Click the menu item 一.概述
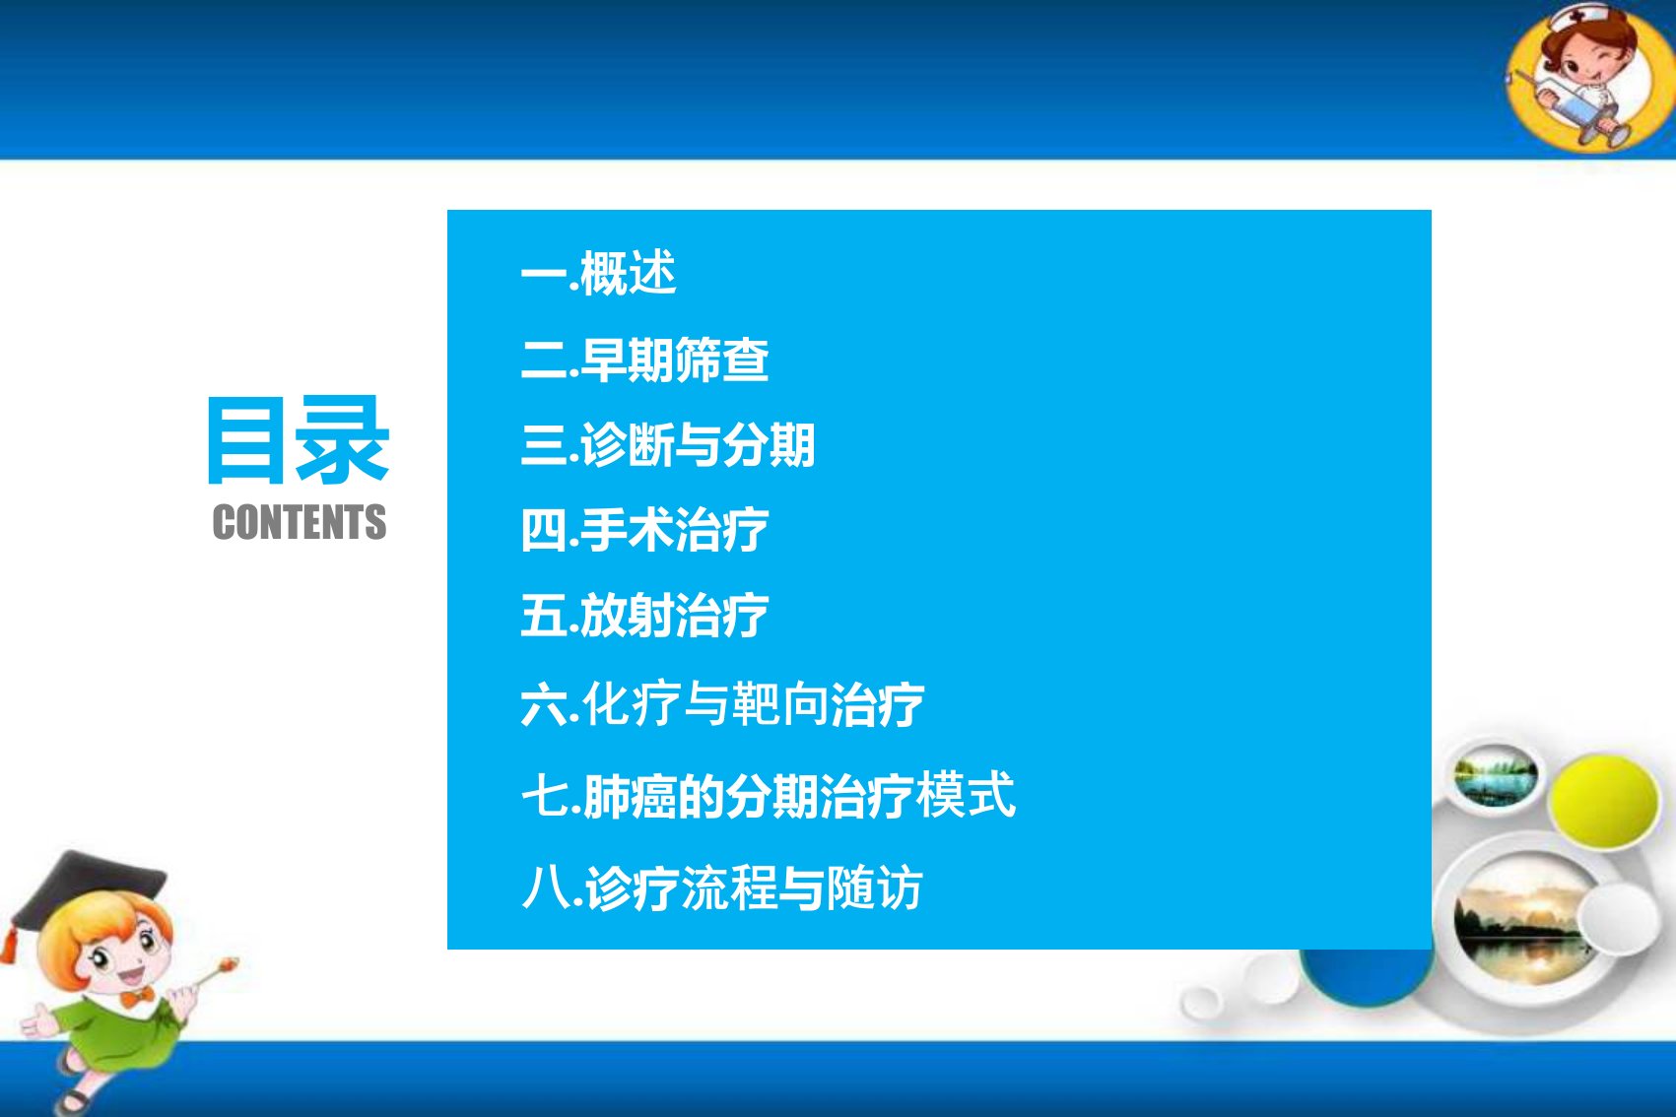(599, 273)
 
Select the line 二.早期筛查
(645, 360)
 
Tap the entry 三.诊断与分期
(668, 444)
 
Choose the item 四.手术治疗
(645, 530)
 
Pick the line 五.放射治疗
(645, 615)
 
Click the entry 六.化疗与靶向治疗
(723, 703)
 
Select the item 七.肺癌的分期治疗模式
(769, 795)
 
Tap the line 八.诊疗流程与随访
(722, 887)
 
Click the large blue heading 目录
(298, 439)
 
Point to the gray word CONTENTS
(300, 521)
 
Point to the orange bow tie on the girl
(137, 997)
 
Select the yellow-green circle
(1603, 801)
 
